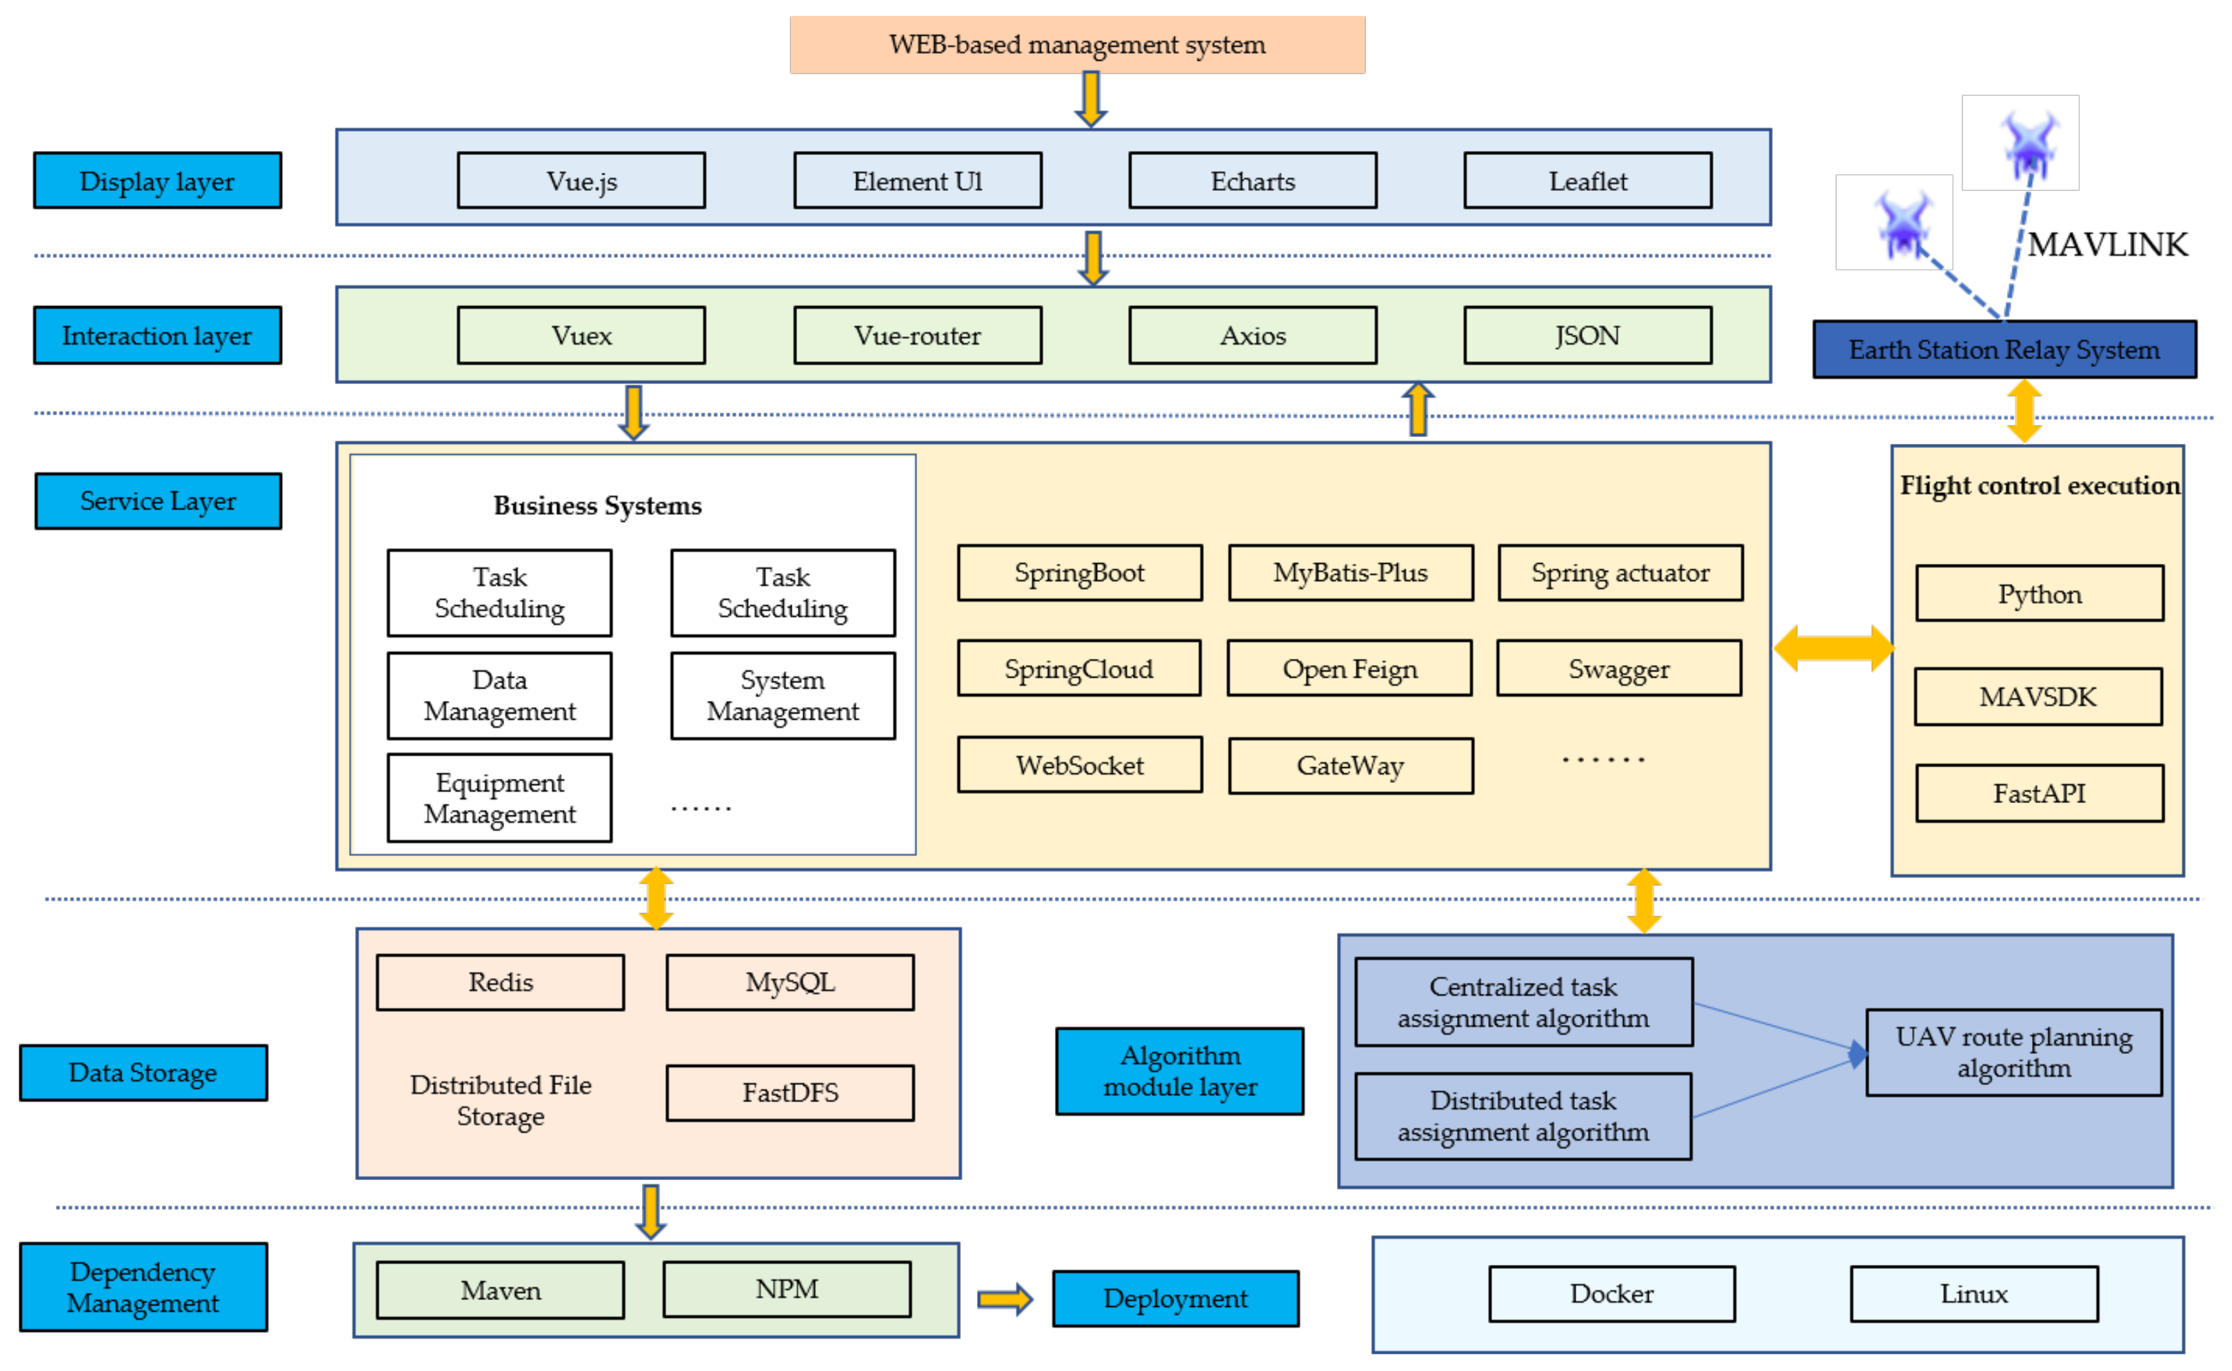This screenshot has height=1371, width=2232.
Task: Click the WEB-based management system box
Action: [x=1076, y=44]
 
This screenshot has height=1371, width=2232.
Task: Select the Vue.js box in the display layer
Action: [x=581, y=181]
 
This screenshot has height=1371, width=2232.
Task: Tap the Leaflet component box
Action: [x=1587, y=181]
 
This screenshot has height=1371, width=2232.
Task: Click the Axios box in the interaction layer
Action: [x=1252, y=336]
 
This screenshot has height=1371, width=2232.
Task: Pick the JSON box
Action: [x=1587, y=336]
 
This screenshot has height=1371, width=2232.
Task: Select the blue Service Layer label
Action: [x=158, y=500]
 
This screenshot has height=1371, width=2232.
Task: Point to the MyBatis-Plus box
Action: [x=1351, y=572]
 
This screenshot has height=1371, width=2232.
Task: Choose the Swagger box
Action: [x=1619, y=669]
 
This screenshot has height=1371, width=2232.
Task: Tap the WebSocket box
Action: [x=1079, y=764]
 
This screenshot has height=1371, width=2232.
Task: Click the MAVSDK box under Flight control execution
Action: [x=2038, y=696]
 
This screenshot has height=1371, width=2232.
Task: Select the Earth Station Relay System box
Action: [x=2004, y=349]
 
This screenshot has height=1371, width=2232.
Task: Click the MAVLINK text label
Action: [x=2107, y=245]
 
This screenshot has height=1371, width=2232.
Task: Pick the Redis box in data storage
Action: [x=500, y=982]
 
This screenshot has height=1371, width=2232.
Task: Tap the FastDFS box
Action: [x=790, y=1093]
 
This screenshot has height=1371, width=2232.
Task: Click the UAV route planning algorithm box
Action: [x=2013, y=1052]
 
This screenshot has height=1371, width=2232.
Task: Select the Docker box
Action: [x=1611, y=1294]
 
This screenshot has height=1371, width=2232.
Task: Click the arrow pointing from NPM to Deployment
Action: [x=1005, y=1299]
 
